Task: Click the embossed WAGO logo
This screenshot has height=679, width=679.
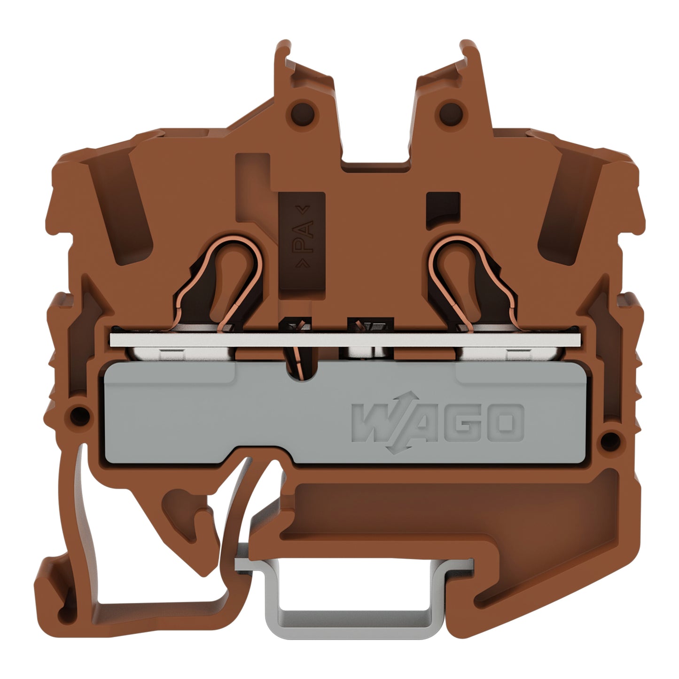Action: click(437, 422)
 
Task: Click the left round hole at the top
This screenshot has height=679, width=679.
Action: click(303, 114)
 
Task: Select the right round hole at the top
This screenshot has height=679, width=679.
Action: click(451, 114)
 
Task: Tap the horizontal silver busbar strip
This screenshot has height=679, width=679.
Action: click(345, 339)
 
